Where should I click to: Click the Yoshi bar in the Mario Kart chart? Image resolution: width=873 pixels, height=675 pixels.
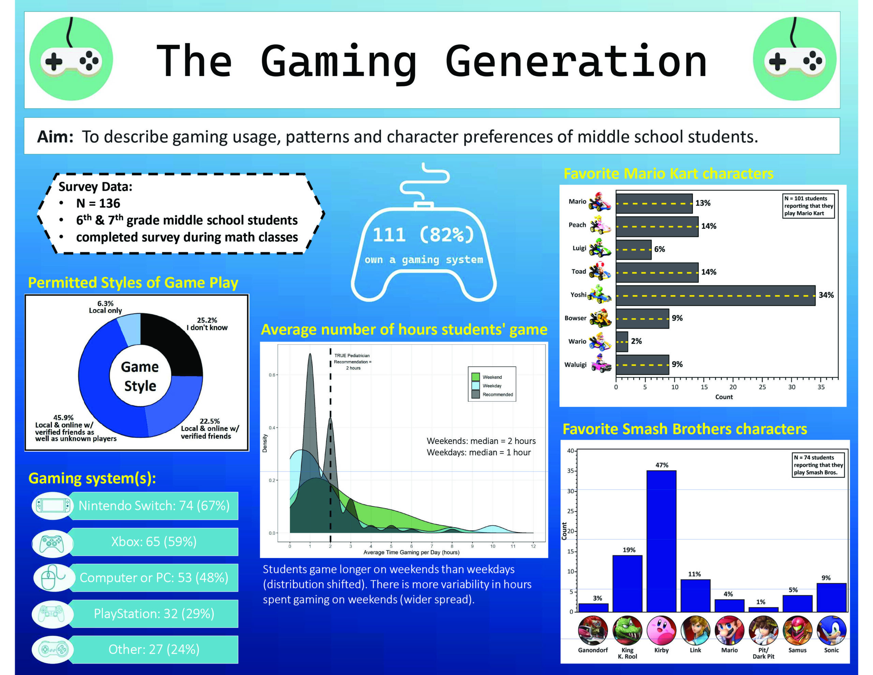(x=715, y=295)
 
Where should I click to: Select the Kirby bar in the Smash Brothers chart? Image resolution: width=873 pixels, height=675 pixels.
(x=661, y=541)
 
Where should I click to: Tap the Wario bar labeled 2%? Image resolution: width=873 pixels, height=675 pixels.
(x=622, y=341)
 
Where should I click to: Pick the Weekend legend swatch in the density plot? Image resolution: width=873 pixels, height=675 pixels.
(x=475, y=376)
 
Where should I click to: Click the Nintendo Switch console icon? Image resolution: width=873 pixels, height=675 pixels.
(x=53, y=506)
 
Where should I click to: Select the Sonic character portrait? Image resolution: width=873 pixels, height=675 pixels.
(x=831, y=631)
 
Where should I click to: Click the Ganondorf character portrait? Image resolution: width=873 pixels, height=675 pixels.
(x=592, y=631)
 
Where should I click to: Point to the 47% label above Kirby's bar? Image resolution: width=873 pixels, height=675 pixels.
(x=662, y=465)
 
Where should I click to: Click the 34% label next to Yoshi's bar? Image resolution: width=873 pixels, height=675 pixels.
(x=826, y=295)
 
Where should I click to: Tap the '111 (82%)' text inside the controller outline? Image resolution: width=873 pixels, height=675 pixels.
(x=423, y=235)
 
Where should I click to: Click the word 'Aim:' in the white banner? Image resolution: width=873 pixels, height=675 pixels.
(x=55, y=137)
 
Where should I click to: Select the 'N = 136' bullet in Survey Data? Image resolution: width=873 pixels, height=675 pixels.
(x=98, y=203)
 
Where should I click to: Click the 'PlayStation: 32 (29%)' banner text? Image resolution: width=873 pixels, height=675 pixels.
(x=154, y=613)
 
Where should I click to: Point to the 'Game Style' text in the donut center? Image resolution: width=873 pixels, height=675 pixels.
(x=140, y=376)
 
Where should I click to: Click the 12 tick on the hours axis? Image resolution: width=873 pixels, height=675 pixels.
(x=533, y=546)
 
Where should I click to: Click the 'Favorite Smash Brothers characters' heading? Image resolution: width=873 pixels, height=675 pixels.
(x=684, y=429)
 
